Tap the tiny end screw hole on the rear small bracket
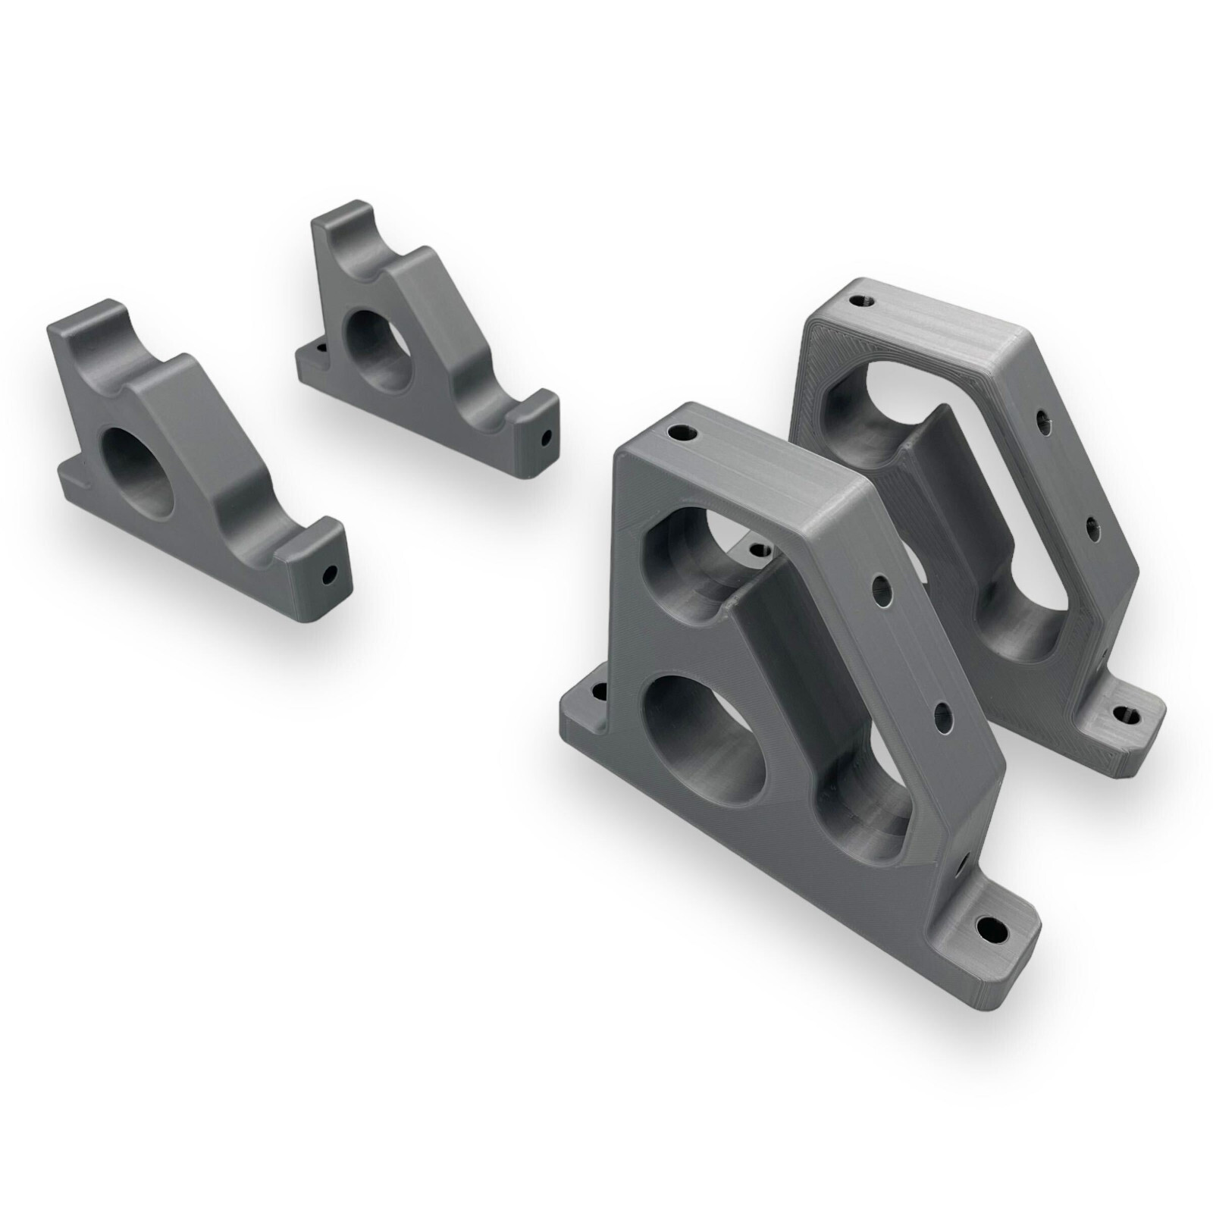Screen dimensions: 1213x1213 point(546,437)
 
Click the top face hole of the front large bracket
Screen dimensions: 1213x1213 point(680,434)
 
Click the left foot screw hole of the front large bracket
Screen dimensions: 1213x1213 point(599,691)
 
